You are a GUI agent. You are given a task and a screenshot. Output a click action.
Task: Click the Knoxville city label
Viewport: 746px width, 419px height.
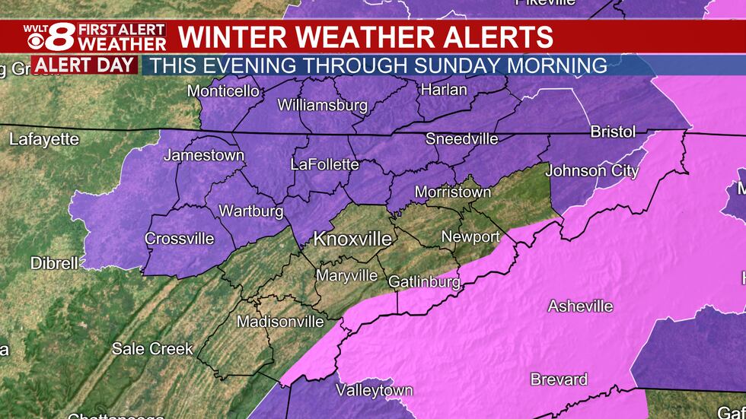click(x=352, y=240)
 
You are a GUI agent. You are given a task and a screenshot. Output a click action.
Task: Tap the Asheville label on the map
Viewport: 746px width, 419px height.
click(x=580, y=306)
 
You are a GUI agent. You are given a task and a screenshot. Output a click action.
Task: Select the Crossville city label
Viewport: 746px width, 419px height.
click(x=180, y=239)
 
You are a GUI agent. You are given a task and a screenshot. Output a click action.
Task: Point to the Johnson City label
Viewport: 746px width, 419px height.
click(x=591, y=171)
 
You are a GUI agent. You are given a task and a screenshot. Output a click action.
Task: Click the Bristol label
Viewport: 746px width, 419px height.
click(x=613, y=132)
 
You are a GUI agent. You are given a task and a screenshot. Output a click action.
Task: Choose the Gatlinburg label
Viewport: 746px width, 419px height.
click(x=424, y=282)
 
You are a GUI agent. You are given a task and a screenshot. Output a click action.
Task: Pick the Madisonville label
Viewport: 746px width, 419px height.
click(x=280, y=322)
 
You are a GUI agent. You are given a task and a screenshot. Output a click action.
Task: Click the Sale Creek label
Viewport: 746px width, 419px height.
click(x=152, y=348)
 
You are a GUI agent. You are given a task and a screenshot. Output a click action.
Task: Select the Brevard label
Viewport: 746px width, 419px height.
click(x=559, y=379)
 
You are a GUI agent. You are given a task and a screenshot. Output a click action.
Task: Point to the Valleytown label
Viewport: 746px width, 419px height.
click(x=375, y=391)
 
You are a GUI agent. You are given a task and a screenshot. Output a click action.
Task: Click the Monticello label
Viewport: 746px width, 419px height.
click(x=223, y=91)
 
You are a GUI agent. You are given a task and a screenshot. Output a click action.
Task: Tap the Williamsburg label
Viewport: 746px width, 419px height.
click(x=323, y=105)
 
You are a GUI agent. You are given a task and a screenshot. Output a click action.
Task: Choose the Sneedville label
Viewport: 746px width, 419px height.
click(x=461, y=139)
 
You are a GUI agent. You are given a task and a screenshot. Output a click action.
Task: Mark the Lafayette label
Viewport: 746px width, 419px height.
click(x=44, y=139)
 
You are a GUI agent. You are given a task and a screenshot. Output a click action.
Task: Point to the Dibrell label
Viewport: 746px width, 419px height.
click(x=54, y=263)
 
